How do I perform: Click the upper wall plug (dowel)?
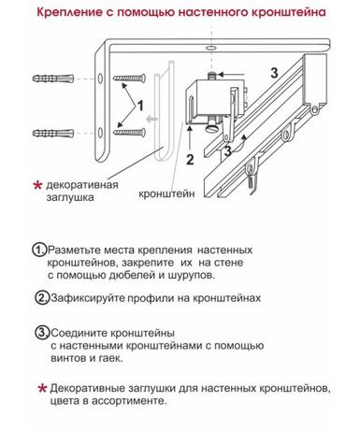point(53,79)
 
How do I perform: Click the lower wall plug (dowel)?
point(53,134)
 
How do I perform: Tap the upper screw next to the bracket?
point(129,78)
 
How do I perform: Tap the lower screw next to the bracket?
point(129,133)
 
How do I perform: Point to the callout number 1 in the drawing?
point(140,106)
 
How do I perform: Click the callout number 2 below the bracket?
point(190,159)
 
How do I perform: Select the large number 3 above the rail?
point(274,73)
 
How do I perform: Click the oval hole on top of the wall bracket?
point(210,49)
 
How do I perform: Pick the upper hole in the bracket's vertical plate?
point(100,79)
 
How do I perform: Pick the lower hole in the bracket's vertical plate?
point(100,133)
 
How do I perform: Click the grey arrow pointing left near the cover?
point(151,119)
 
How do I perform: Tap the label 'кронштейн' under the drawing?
point(166,193)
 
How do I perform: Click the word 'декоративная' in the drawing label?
point(82,185)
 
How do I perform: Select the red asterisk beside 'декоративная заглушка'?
point(37,186)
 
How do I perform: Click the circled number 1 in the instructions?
point(39,250)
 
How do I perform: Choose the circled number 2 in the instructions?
point(42,298)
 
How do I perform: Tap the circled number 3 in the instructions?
point(42,333)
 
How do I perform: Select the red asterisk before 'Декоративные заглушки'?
point(42,389)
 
